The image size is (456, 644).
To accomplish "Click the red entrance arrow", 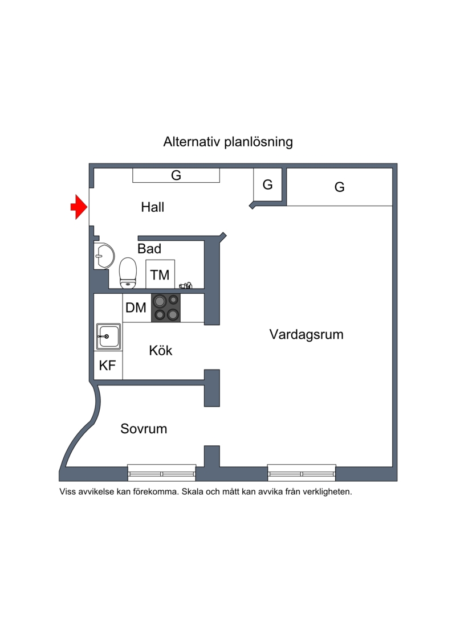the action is click(79, 207).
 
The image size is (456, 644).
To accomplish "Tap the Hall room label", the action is click(153, 207).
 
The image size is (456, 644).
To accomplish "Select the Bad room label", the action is click(149, 248).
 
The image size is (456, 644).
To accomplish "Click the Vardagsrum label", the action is click(306, 334).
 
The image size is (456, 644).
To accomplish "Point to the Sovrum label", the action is click(144, 429).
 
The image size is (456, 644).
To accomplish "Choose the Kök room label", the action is click(160, 350).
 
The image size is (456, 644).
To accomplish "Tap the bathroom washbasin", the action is click(104, 256).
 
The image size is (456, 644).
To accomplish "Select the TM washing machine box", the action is click(160, 274).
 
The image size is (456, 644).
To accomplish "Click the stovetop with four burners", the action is click(166, 307).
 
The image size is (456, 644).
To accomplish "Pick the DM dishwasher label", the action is click(136, 307).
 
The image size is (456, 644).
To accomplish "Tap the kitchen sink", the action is click(108, 337).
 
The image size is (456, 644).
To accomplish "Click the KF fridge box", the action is click(108, 365).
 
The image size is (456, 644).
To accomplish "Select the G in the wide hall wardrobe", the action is click(176, 175).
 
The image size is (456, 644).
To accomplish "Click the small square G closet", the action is click(268, 185).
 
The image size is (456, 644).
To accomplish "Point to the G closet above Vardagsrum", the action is click(339, 187).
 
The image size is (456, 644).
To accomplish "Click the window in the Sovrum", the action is click(161, 473).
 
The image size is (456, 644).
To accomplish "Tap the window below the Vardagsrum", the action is click(302, 473).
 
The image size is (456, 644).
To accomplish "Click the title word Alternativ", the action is click(192, 142).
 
